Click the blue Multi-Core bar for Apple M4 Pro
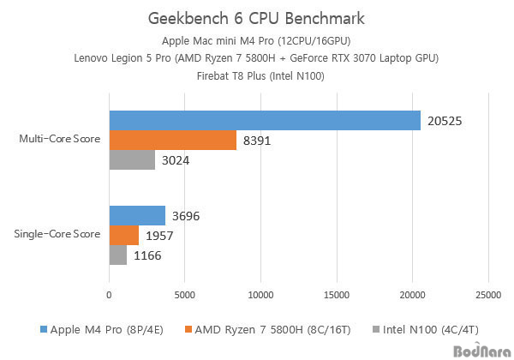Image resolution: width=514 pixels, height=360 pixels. pyautogui.click(x=264, y=121)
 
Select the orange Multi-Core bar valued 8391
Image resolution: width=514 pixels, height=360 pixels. pyautogui.click(x=172, y=141)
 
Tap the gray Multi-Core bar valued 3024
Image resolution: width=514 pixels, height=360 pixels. pyautogui.click(x=132, y=160)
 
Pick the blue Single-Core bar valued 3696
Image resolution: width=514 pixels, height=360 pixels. pyautogui.click(x=137, y=216)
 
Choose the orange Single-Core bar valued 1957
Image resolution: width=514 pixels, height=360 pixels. pyautogui.click(x=123, y=235)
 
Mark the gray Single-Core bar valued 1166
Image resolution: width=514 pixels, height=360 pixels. pyautogui.click(x=117, y=255)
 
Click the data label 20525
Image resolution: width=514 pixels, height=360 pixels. pyautogui.click(x=445, y=122)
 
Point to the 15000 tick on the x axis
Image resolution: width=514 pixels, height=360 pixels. pyautogui.click(x=336, y=296)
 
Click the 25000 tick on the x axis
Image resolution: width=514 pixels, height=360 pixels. pyautogui.click(x=487, y=296)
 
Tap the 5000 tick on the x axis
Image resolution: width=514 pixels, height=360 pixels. pyautogui.click(x=184, y=296)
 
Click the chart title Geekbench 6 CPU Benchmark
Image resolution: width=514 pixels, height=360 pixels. pyautogui.click(x=256, y=18)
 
